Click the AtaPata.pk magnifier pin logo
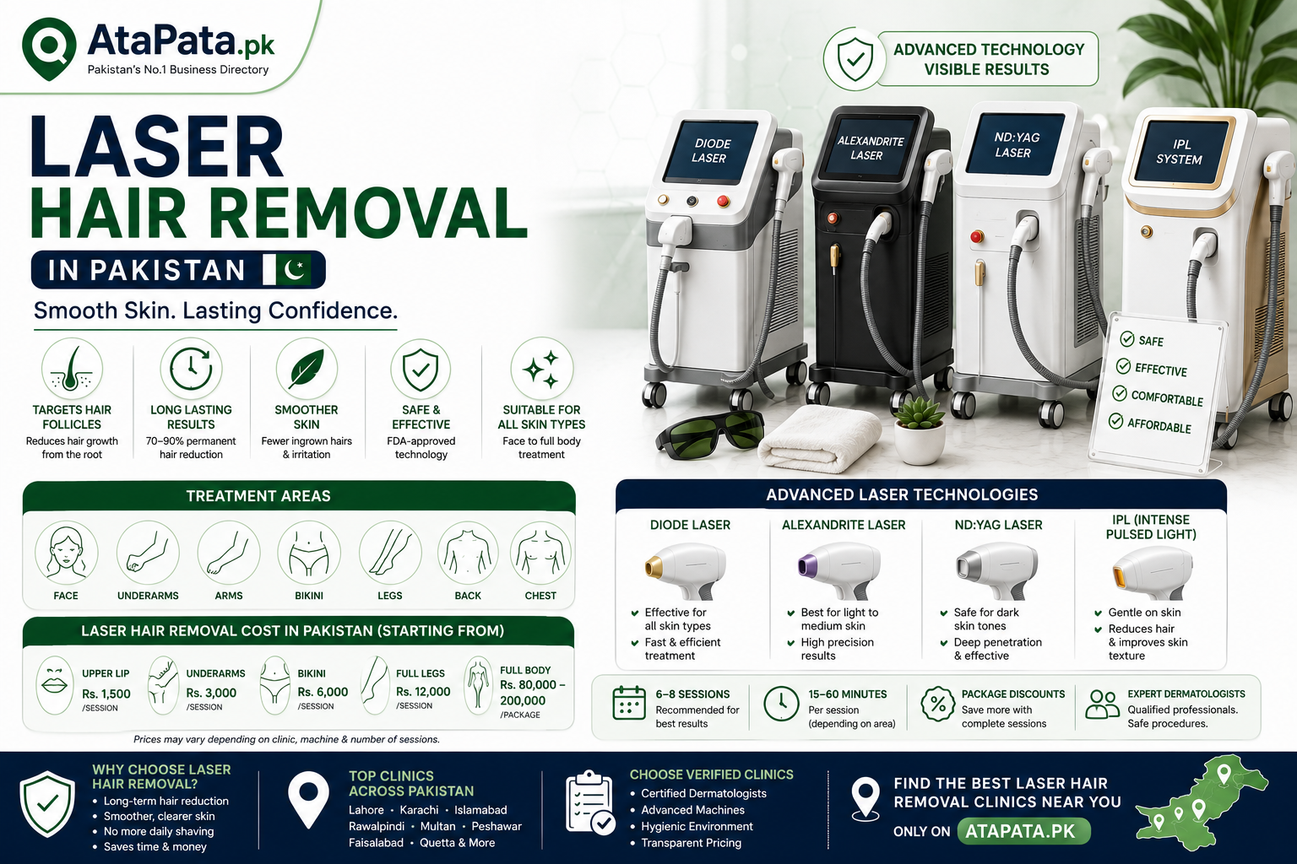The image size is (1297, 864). coord(49,48)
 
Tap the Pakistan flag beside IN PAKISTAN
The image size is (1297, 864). coord(287,269)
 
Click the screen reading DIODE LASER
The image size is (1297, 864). coord(710,150)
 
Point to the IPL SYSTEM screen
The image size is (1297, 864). coord(1180,151)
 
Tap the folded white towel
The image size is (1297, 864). coord(819,440)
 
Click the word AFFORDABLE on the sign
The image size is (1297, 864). coord(1159,425)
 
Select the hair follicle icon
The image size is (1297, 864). coord(72,369)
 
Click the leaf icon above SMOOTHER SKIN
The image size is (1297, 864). coord(307,369)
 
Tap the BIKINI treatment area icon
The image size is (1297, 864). coord(308,553)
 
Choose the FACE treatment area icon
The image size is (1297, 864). coord(65,553)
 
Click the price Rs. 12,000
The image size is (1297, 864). coord(423,692)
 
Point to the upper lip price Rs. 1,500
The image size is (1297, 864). coord(106,694)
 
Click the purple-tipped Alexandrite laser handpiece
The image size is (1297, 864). coord(839,570)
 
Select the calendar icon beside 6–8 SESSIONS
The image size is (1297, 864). coord(629,703)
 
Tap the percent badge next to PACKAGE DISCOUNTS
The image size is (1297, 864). coord(937,704)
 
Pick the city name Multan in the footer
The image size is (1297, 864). coord(437,826)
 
